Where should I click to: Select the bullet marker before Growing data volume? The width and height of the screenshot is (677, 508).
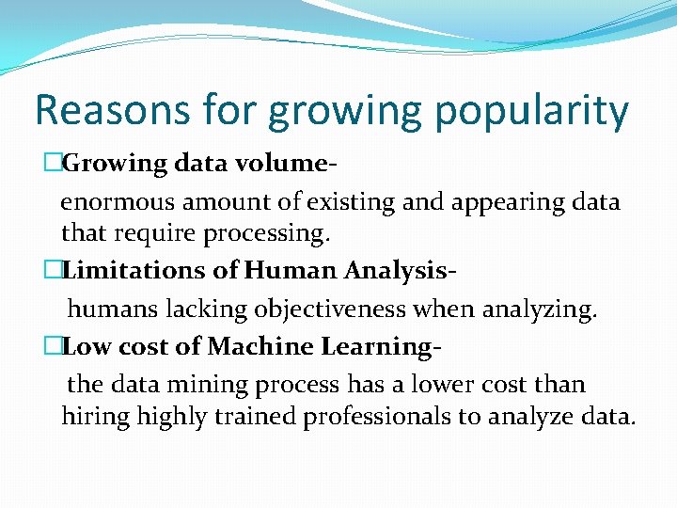(53, 163)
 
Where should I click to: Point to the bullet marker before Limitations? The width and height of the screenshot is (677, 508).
(53, 271)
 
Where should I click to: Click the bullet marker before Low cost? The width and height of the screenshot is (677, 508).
(53, 347)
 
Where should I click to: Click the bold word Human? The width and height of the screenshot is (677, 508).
(289, 271)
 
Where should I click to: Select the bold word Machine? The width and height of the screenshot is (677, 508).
(260, 347)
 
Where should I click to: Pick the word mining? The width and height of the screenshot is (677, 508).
(214, 386)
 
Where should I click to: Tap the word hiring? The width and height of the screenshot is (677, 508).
(96, 417)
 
